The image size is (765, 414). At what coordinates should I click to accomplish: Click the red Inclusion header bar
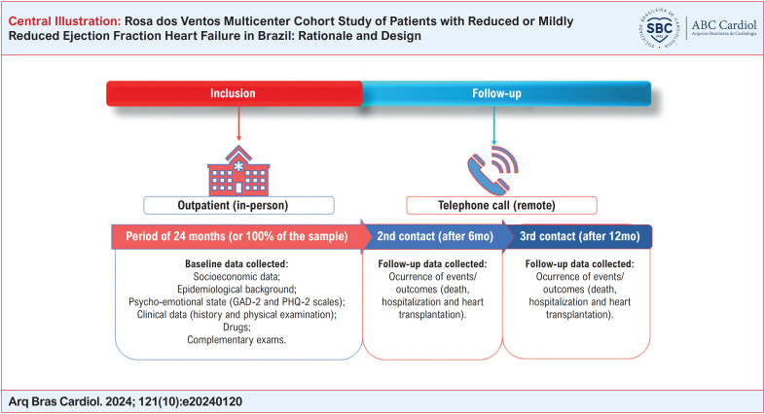pyautogui.click(x=235, y=94)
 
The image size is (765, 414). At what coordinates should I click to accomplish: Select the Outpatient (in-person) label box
pyautogui.click(x=238, y=206)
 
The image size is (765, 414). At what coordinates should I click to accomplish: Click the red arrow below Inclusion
pyautogui.click(x=238, y=124)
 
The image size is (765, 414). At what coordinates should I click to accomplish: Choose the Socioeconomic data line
pyautogui.click(x=239, y=277)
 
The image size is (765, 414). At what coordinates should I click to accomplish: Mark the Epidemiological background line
pyautogui.click(x=239, y=290)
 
